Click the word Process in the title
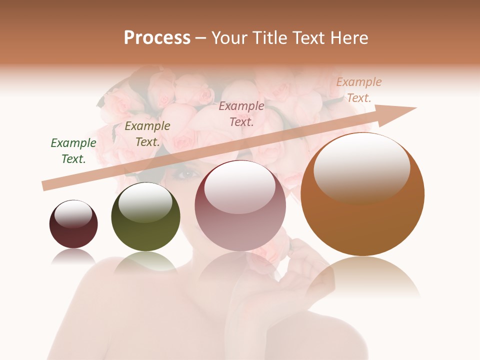157,38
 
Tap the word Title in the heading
272,38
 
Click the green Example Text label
73,151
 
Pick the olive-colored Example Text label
147,134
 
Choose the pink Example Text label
241,113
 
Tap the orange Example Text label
359,90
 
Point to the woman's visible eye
185,174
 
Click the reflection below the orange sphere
362,280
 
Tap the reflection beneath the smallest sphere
73,256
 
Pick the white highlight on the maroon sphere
73,214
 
